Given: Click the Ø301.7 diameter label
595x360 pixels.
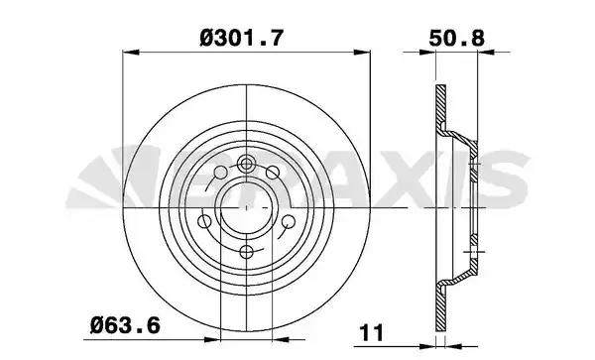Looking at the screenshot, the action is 242,39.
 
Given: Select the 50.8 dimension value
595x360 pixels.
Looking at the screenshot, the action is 457,39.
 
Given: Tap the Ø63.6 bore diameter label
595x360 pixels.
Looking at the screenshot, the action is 125,325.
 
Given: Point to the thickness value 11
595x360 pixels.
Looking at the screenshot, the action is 372,332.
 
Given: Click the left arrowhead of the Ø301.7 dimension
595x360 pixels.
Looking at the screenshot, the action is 131,52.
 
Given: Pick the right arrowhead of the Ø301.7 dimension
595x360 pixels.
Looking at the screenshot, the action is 362,52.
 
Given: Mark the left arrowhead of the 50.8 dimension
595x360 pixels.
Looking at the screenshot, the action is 427,52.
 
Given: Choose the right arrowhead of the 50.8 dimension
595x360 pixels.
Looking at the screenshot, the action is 485,52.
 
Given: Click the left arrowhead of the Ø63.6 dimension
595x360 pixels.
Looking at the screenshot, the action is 212,339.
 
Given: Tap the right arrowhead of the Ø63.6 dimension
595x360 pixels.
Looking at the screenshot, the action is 281,339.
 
